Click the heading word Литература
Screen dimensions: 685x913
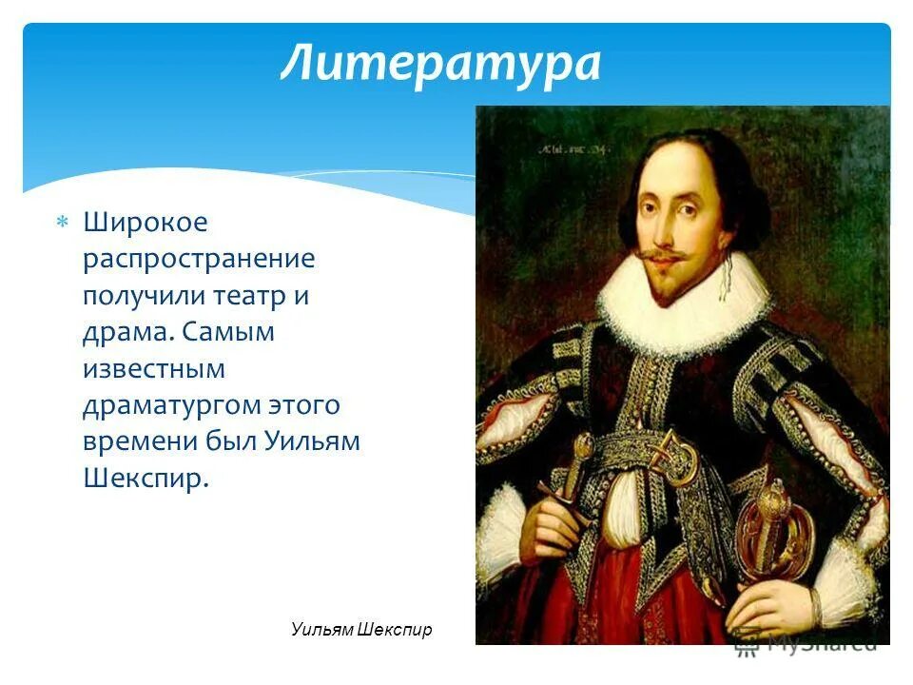click(x=440, y=65)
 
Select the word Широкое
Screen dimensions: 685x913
click(x=145, y=224)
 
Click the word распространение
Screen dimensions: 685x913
click(x=198, y=260)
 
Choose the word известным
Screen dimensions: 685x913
click(x=153, y=368)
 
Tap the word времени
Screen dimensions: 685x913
click(x=138, y=441)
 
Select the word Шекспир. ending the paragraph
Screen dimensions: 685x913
click(x=145, y=478)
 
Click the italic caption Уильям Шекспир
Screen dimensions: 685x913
click(x=361, y=630)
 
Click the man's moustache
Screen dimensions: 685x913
click(x=663, y=255)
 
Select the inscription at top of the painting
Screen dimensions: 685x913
click(x=576, y=147)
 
